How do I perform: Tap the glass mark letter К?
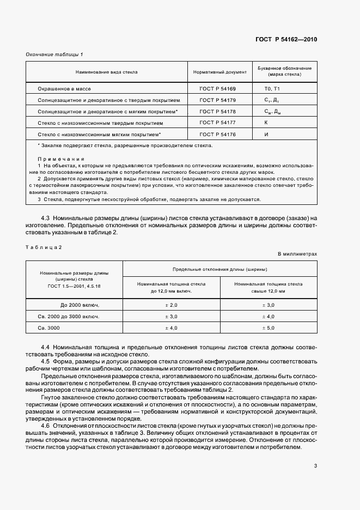click(266, 123)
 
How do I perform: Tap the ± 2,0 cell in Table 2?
click(171, 305)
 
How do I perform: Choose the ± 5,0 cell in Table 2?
click(269, 328)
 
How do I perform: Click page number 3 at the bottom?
click(315, 465)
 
